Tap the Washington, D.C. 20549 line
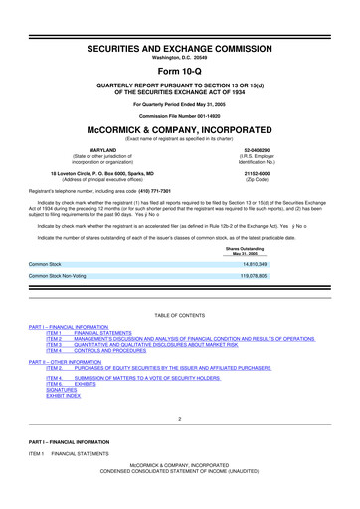tap(179, 32)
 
